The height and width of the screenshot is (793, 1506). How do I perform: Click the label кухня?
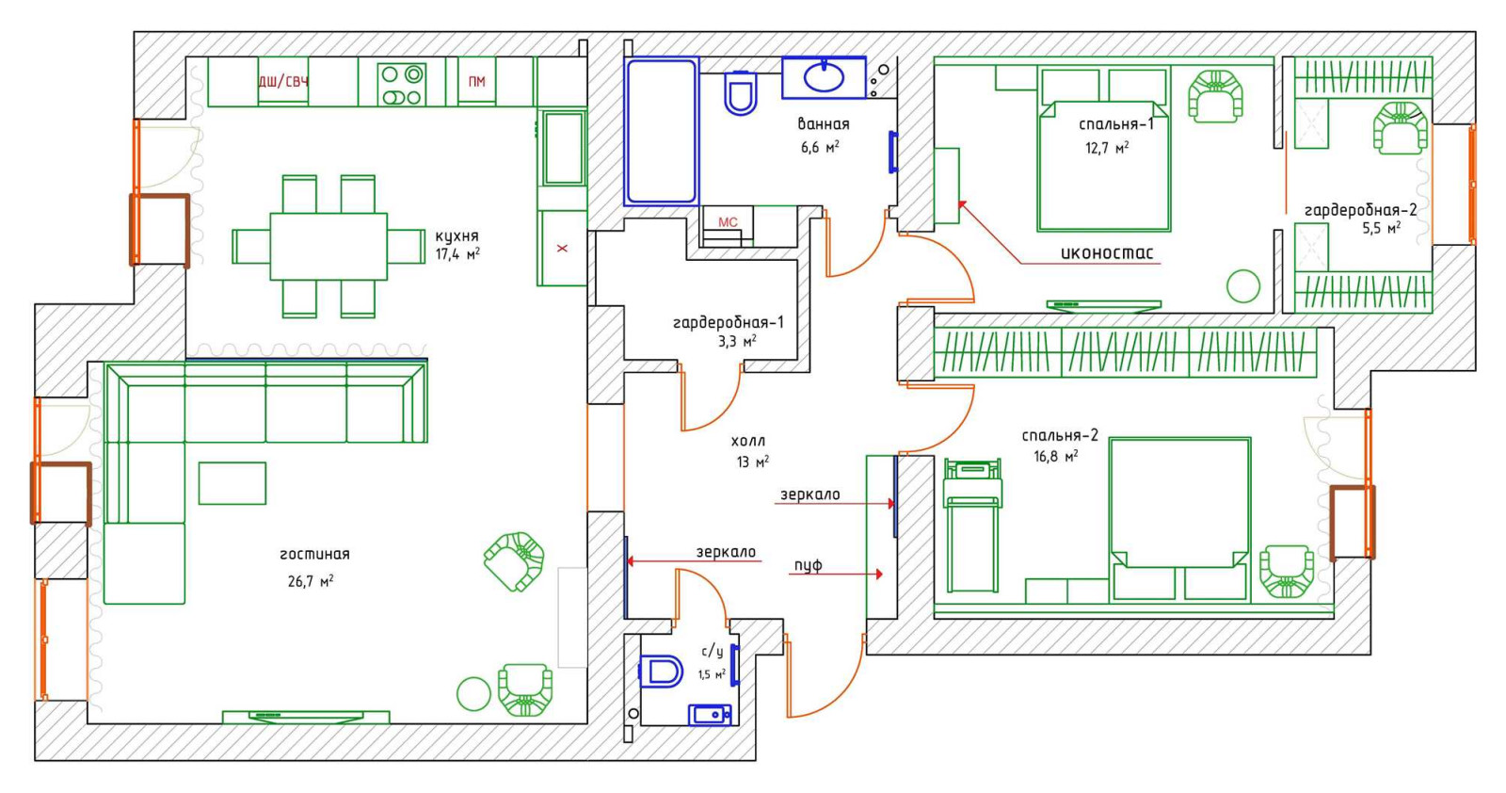tap(457, 236)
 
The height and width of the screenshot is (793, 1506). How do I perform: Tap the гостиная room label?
tap(314, 554)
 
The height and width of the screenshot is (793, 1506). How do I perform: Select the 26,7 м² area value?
tap(311, 580)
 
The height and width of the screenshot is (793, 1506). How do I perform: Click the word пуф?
tap(809, 565)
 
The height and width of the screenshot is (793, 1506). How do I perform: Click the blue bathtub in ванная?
tap(662, 131)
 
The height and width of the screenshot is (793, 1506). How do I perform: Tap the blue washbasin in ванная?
tap(825, 77)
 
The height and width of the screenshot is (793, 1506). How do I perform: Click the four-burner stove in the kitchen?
tap(401, 84)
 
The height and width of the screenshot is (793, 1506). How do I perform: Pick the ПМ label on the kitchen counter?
tap(476, 82)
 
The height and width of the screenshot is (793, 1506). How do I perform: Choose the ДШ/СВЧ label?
tap(283, 81)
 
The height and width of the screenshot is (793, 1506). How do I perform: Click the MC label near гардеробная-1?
tap(728, 222)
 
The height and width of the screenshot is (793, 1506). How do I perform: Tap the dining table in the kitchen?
tap(328, 246)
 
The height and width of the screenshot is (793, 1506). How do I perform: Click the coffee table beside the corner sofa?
tap(232, 483)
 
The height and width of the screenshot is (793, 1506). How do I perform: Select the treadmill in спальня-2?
tap(972, 525)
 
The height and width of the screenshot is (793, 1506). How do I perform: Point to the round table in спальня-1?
tap(1243, 286)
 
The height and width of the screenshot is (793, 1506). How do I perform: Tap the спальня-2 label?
tap(1060, 436)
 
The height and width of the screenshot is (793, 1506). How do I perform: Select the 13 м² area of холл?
tap(752, 462)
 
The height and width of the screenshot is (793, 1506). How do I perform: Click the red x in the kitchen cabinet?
tap(562, 249)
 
